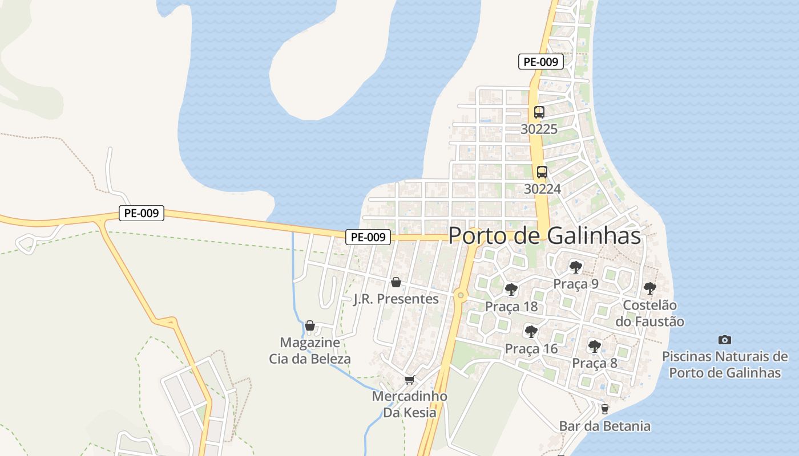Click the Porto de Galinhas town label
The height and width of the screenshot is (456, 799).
544,235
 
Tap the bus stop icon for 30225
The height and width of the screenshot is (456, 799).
539,112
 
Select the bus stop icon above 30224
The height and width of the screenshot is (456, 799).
542,172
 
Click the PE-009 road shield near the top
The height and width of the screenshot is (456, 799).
540,62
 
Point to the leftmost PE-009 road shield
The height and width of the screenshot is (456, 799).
142,213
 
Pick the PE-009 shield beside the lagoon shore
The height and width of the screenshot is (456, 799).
368,237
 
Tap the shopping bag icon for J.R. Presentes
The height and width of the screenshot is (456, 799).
396,282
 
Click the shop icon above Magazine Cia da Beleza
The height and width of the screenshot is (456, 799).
310,325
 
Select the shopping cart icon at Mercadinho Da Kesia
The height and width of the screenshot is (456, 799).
409,380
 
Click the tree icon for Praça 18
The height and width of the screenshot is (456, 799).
511,290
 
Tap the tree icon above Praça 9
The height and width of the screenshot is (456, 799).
575,267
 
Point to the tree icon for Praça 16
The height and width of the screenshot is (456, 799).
531,331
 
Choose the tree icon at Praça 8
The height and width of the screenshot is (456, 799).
595,345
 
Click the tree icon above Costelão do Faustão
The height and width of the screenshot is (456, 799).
649,288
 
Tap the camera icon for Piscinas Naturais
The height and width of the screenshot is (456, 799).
725,340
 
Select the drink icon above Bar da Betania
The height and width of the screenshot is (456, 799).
605,409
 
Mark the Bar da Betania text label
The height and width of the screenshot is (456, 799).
604,426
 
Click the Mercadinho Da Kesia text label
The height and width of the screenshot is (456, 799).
409,404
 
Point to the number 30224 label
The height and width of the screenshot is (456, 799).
542,189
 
